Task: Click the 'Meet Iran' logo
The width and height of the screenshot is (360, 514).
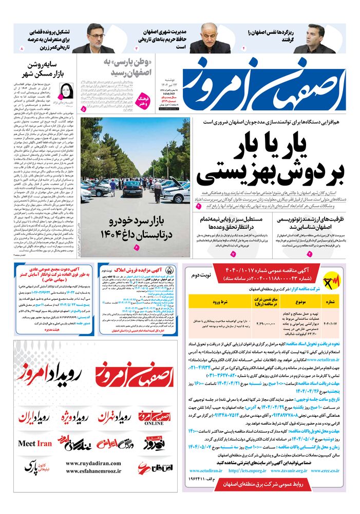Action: tap(35, 443)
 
